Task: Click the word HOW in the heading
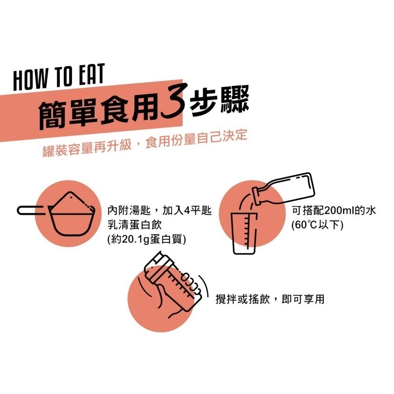click(x=30, y=79)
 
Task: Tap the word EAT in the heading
click(x=92, y=74)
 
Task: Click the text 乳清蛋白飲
click(x=134, y=225)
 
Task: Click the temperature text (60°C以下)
click(x=317, y=225)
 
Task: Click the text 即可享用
click(x=303, y=299)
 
